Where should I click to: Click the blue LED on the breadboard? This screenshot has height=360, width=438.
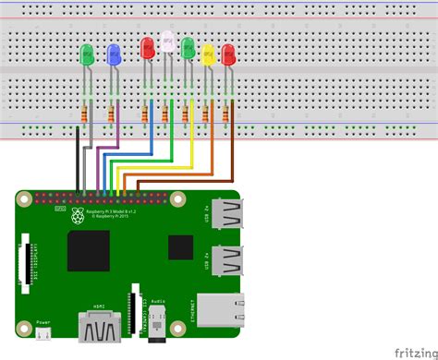(x=114, y=54)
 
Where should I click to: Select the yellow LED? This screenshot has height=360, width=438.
(x=208, y=54)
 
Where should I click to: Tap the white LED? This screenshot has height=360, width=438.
(x=167, y=42)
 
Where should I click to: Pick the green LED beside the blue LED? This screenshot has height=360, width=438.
(x=87, y=54)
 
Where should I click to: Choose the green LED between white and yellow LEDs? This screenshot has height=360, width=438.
(x=188, y=46)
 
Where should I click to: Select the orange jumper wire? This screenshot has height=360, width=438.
(x=213, y=152)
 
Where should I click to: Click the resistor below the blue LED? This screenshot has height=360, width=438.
(x=113, y=115)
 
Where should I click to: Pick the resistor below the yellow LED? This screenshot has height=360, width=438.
(x=207, y=114)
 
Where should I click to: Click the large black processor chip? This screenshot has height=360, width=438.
(x=89, y=252)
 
